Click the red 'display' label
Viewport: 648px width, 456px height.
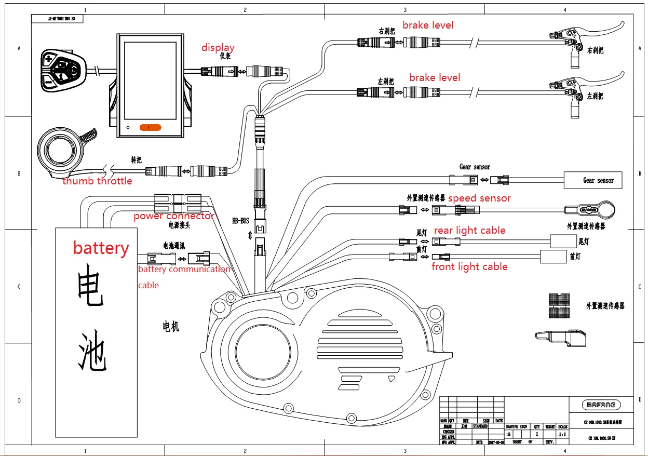point(218,48)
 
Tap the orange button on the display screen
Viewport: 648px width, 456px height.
point(151,127)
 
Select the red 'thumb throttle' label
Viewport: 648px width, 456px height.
point(97,181)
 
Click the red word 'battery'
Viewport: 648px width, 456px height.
point(101,248)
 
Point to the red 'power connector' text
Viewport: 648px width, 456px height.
point(173,216)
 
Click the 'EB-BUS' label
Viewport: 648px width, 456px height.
point(240,221)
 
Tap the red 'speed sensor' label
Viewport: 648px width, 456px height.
point(479,198)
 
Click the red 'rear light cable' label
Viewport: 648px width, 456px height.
point(469,231)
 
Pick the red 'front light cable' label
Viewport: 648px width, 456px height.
point(469,267)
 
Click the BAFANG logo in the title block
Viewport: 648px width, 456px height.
point(601,405)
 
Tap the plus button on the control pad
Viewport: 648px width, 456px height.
point(49,58)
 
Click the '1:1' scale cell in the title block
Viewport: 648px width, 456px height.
point(562,434)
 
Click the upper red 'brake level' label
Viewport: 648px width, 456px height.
point(428,25)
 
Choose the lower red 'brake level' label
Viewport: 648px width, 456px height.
point(435,78)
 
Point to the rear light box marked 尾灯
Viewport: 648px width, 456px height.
point(562,241)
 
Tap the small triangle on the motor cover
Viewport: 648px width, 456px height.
point(392,379)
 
